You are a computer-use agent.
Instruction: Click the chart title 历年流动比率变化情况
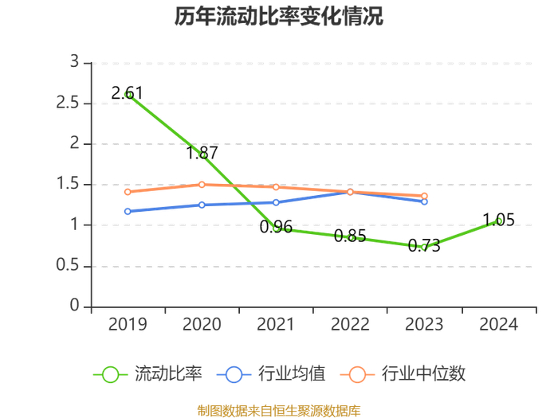coord(279,16)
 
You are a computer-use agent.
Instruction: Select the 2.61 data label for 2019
coord(127,93)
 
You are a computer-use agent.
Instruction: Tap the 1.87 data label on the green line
coord(202,153)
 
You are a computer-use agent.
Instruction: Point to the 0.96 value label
coord(276,227)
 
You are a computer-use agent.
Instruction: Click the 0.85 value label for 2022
coord(350,236)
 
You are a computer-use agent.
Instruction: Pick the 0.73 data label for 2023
coord(424,245)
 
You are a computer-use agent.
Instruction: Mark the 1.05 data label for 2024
coord(498,220)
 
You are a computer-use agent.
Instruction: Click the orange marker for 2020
coord(202,185)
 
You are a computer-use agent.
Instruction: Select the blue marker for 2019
coord(128,212)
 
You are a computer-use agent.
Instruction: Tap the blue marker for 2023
coord(424,201)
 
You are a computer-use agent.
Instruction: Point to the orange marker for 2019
coord(128,192)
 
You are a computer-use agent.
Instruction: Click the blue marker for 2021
coord(276,202)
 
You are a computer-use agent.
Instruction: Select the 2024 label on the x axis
coord(498,324)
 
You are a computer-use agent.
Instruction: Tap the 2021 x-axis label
coord(276,324)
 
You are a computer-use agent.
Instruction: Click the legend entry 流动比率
coord(147,374)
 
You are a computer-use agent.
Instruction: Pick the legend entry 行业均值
coord(271,374)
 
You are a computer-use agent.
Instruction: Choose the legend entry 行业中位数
coord(403,374)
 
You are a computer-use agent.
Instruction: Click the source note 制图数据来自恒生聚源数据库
coord(279,411)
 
